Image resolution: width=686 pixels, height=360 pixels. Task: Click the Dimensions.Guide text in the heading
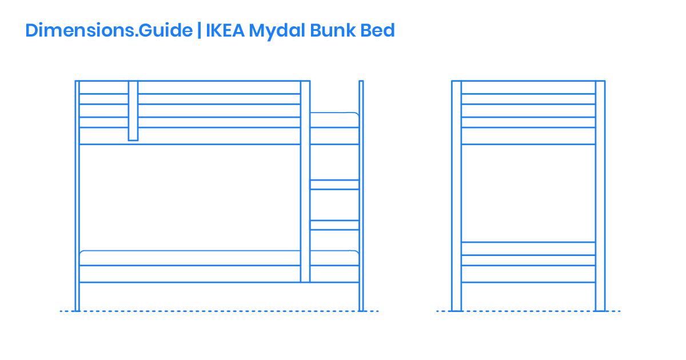tap(109, 30)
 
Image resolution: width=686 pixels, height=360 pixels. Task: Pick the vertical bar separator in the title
tap(199, 30)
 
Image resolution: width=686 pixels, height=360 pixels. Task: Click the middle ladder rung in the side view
tap(334, 185)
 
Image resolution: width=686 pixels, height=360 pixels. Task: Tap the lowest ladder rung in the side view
tap(334, 225)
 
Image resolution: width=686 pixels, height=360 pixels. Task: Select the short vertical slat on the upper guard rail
tap(133, 110)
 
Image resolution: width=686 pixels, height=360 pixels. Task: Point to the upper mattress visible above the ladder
tap(334, 120)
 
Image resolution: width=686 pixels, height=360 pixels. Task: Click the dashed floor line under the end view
tap(528, 311)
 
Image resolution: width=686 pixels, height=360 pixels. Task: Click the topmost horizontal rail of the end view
tap(528, 87)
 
